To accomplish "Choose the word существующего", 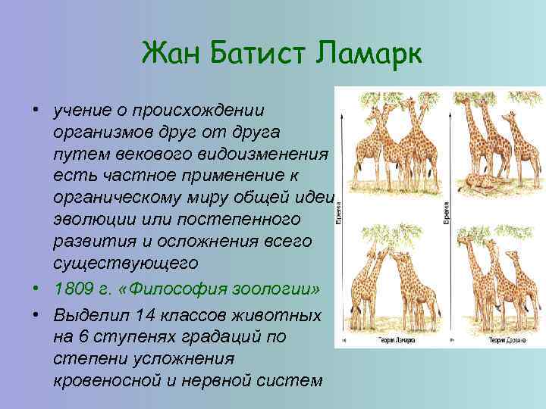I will click(x=125, y=264).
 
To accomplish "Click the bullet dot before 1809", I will click(x=36, y=289).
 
